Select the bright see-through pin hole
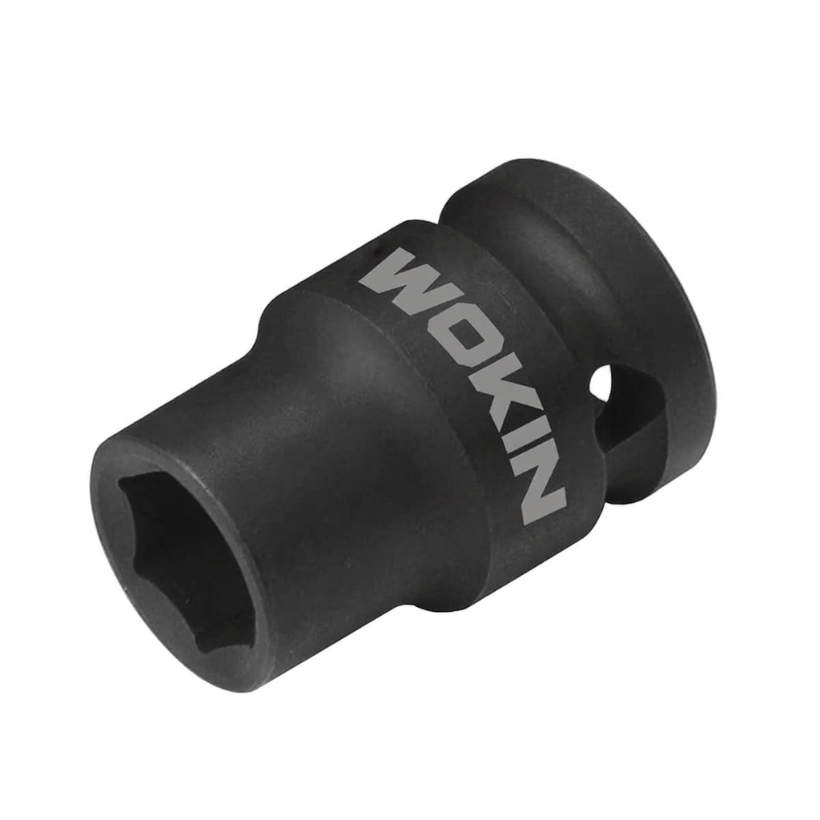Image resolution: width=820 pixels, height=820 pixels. tap(601, 380)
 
